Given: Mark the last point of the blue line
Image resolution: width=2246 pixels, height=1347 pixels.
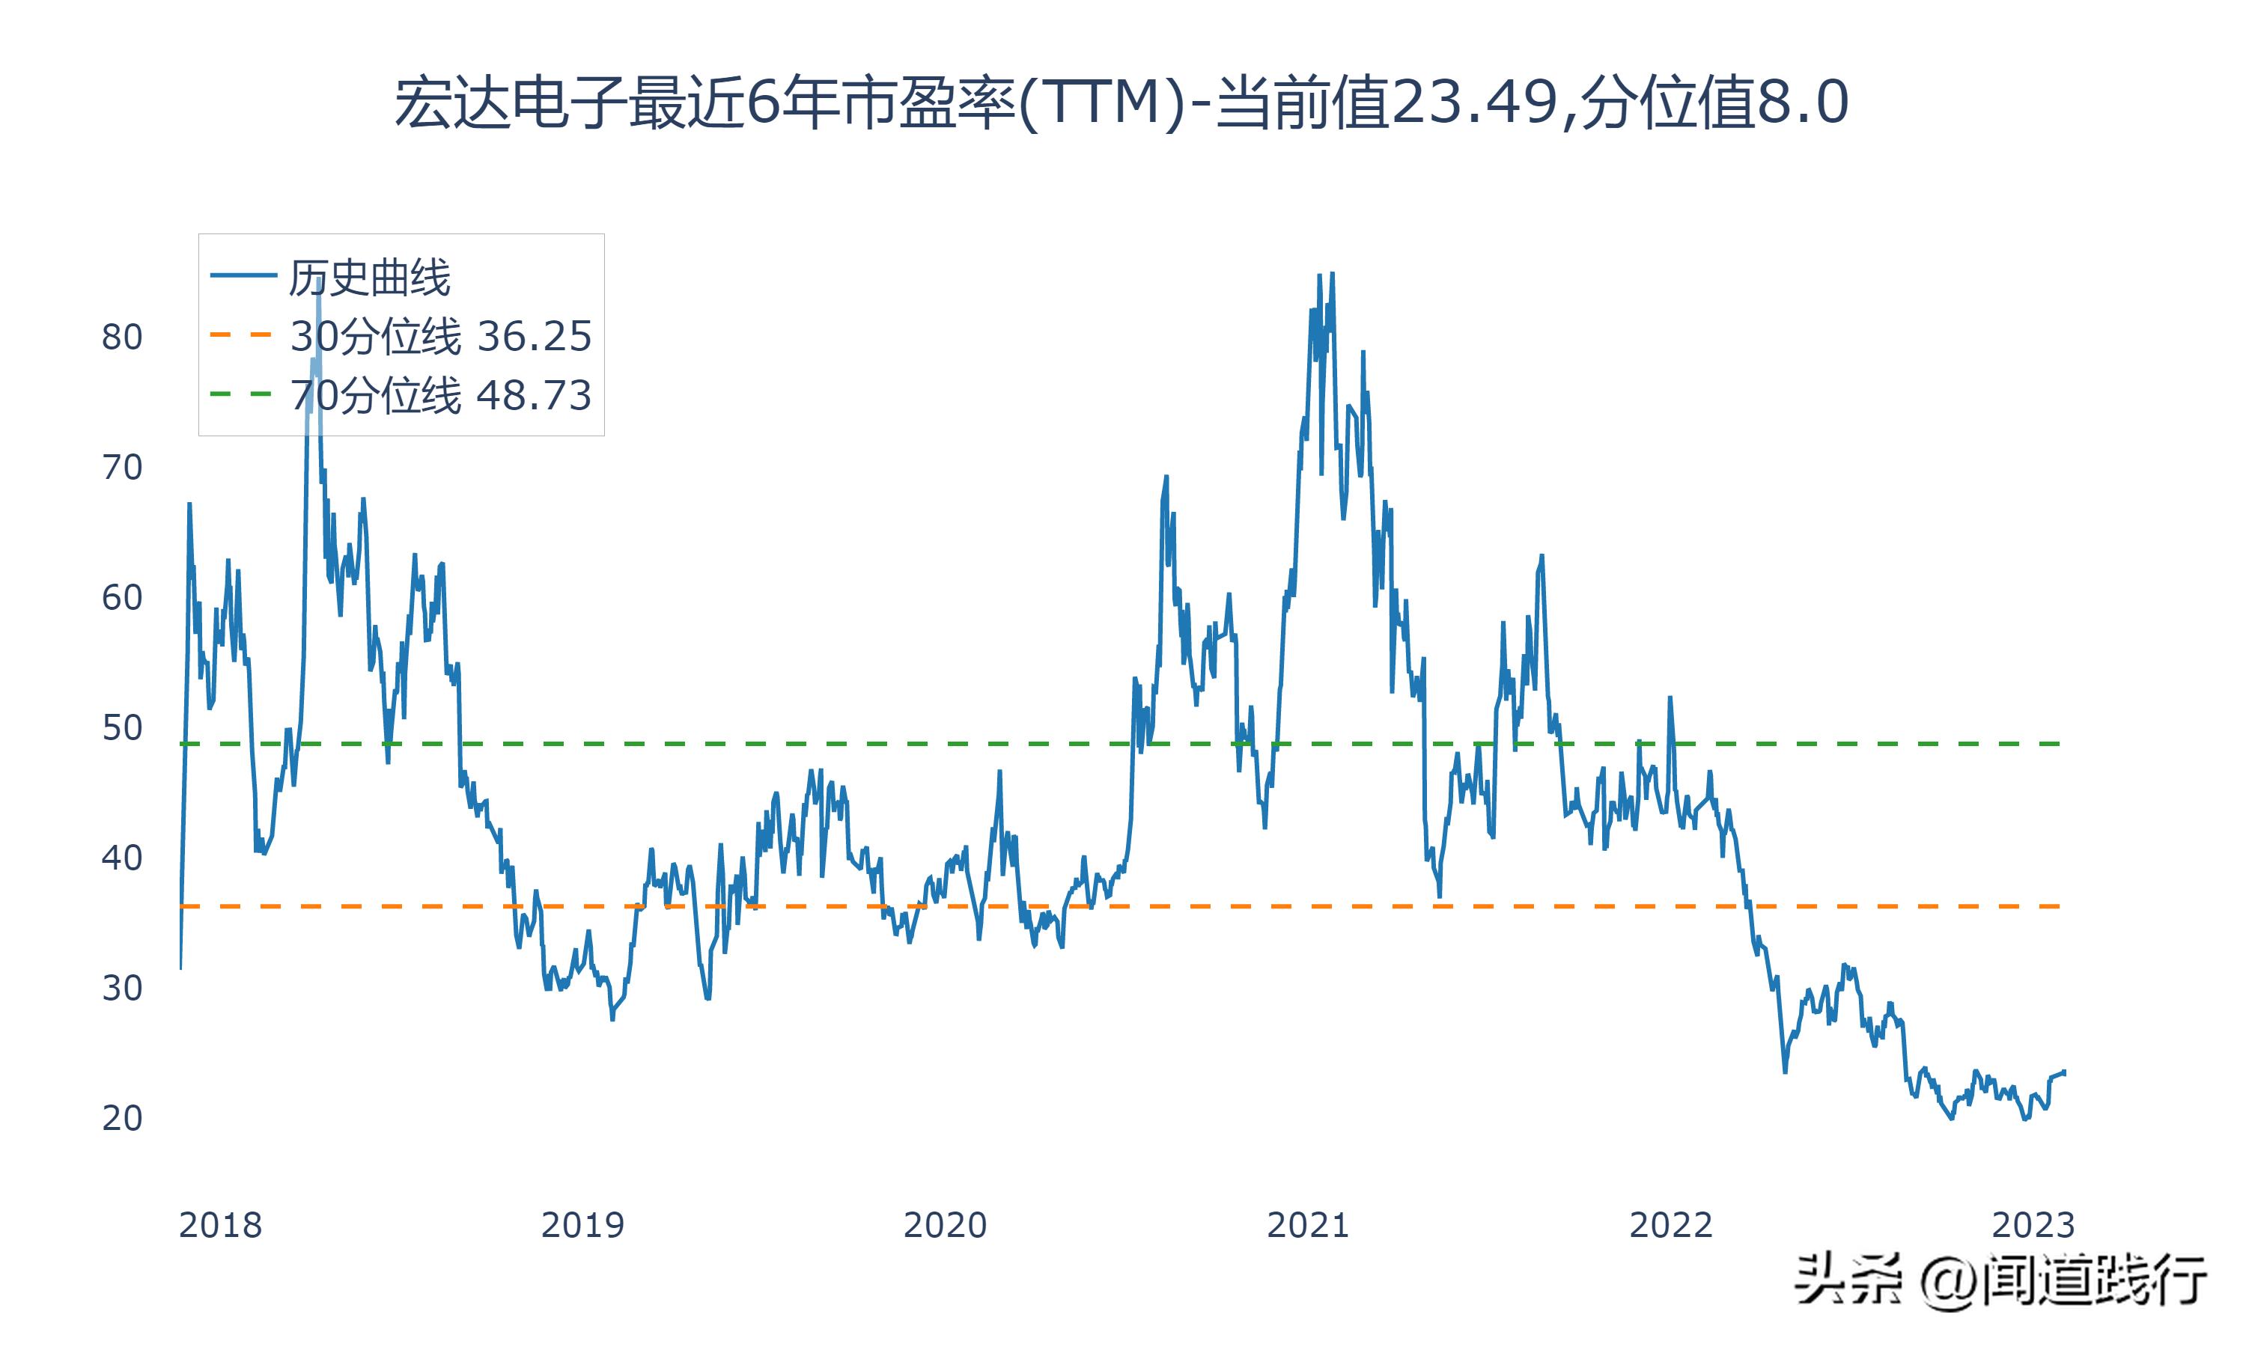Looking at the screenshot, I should (x=2064, y=1072).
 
